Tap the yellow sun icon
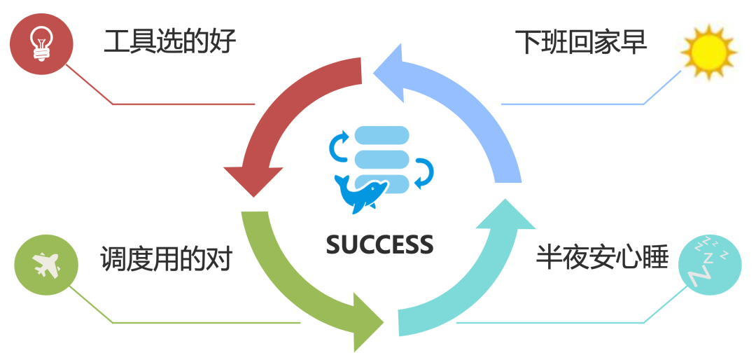(708, 52)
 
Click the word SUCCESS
(379, 244)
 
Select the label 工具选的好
(169, 42)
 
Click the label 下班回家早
(581, 42)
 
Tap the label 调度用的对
(165, 260)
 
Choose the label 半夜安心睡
(602, 258)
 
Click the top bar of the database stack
(381, 134)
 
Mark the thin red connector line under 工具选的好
(182, 104)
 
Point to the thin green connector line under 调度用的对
(203, 323)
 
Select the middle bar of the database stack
(381, 158)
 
